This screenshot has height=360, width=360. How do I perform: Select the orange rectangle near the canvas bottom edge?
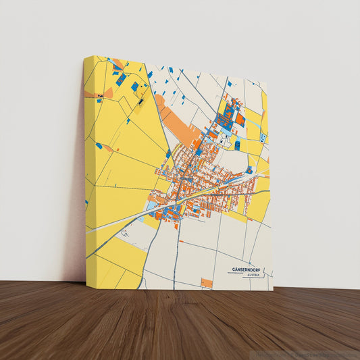tap(207, 282)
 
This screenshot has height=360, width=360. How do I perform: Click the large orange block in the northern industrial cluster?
tap(240, 119)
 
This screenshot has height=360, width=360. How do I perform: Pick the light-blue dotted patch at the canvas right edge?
tap(263, 138)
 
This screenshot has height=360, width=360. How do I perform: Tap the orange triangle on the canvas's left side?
tap(107, 93)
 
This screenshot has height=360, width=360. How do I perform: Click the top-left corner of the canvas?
tap(85, 57)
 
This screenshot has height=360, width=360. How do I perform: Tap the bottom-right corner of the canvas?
tap(273, 290)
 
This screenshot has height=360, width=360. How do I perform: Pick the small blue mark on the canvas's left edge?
tap(87, 202)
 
